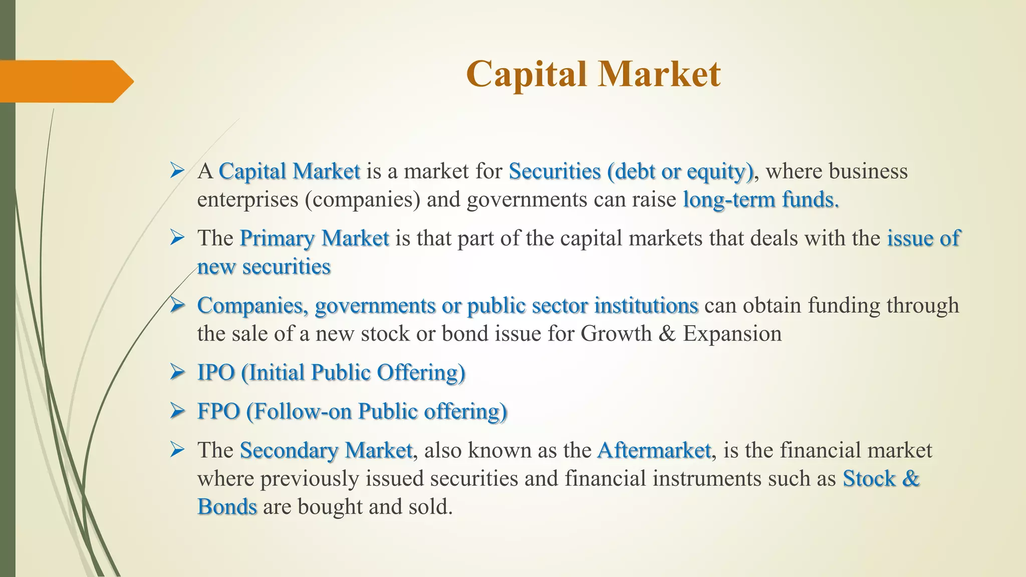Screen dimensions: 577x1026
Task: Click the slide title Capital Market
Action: click(x=593, y=74)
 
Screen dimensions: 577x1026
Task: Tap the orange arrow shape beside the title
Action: click(x=65, y=81)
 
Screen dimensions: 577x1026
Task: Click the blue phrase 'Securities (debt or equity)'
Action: click(x=631, y=171)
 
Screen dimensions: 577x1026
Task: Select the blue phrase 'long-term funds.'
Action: click(x=761, y=199)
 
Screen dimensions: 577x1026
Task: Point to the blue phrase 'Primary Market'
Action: click(x=314, y=238)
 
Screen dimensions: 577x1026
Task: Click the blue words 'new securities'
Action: click(x=264, y=266)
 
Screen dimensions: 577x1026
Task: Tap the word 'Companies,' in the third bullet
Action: click(x=252, y=306)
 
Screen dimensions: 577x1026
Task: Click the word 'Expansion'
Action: click(x=732, y=334)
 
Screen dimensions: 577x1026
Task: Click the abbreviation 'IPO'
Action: click(x=216, y=373)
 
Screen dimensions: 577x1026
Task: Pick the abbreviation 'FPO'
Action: click(x=218, y=411)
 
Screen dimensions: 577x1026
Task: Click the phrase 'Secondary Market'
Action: click(x=326, y=450)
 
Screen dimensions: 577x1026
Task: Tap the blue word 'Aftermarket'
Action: click(x=654, y=450)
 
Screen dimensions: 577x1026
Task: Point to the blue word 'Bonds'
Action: click(x=227, y=507)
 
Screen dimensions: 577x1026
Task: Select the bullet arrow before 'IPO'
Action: click(x=177, y=372)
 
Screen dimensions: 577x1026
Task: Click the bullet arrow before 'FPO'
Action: click(x=177, y=411)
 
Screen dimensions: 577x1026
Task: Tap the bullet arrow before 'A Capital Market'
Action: click(x=177, y=171)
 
